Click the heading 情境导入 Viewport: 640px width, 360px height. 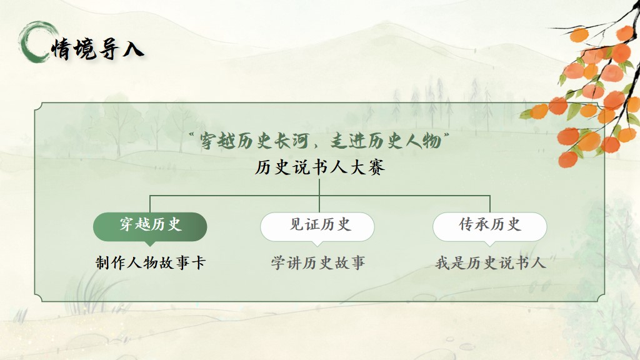click(97, 49)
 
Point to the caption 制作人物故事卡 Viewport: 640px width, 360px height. click(150, 262)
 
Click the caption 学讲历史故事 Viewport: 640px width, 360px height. click(317, 262)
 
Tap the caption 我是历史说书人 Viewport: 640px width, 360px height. click(490, 262)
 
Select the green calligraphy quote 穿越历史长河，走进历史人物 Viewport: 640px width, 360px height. click(320, 141)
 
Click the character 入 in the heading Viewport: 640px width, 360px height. click(133, 49)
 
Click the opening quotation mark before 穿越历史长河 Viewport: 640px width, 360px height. click(192, 135)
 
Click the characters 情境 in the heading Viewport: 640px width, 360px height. click(74, 49)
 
